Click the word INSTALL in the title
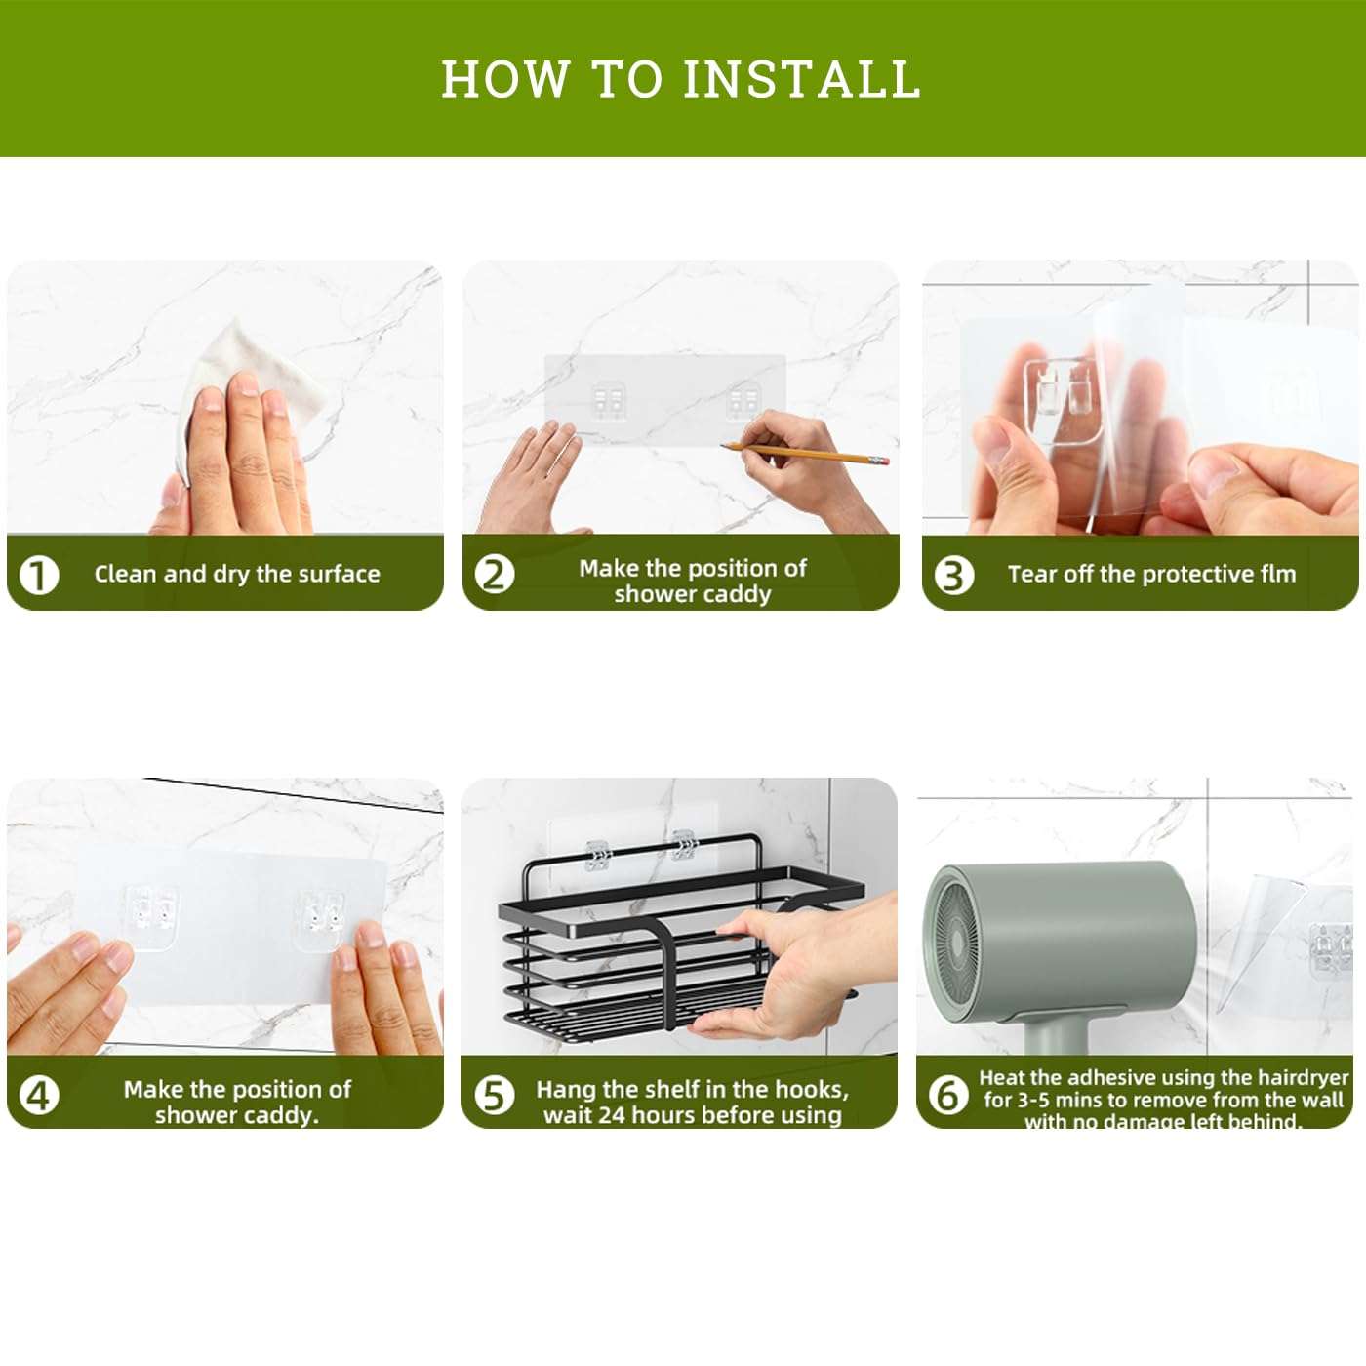[801, 79]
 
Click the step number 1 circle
[39, 575]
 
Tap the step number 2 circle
[494, 574]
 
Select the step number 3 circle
[953, 575]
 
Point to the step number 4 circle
[39, 1095]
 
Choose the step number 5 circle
[494, 1095]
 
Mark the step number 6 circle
[947, 1095]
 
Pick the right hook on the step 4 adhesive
[320, 917]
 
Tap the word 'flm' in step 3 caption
[1277, 574]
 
